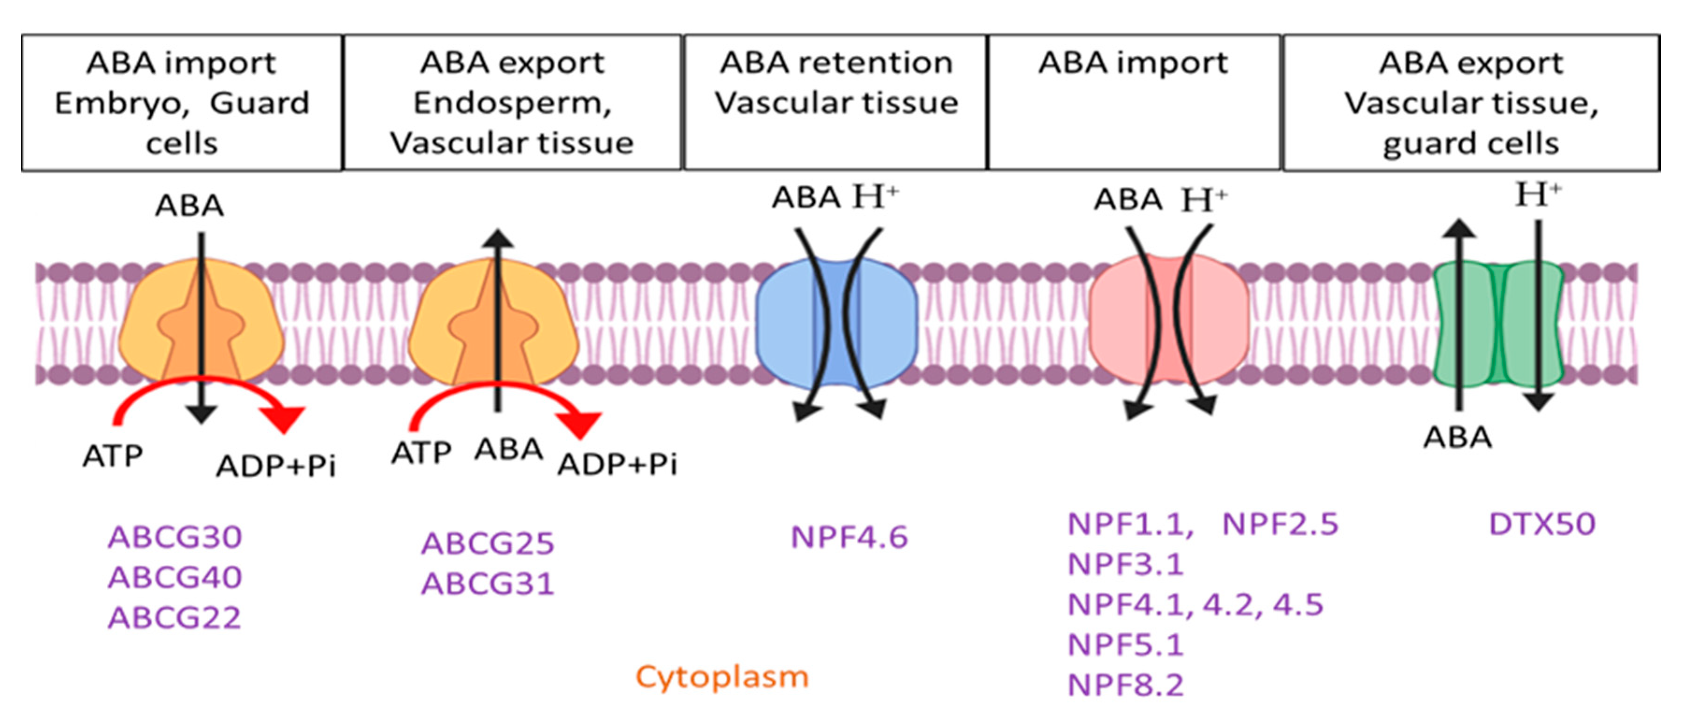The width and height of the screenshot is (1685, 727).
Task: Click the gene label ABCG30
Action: point(175,537)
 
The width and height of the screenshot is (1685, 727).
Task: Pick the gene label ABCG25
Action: point(488,544)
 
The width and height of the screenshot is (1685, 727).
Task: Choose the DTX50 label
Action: point(1542,524)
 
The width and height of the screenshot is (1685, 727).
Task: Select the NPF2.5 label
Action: point(1280,524)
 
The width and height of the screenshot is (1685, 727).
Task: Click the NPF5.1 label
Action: point(1126,645)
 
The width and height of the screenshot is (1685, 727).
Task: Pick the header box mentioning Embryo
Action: point(182,103)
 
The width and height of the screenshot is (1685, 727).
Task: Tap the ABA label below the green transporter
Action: point(1458,437)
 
